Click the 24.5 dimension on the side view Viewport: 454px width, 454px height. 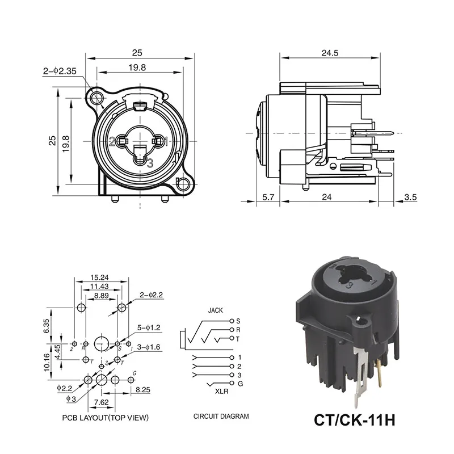[329, 53]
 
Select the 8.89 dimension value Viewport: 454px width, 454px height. [102, 296]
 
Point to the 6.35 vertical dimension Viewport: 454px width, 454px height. [48, 326]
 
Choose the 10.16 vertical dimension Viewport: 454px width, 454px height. [48, 361]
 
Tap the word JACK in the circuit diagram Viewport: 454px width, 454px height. [216, 310]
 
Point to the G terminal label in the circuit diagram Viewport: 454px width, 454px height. [238, 384]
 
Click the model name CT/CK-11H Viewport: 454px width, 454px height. [354, 421]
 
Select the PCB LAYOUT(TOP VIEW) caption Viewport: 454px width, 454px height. [105, 418]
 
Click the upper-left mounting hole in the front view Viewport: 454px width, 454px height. [98, 95]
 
